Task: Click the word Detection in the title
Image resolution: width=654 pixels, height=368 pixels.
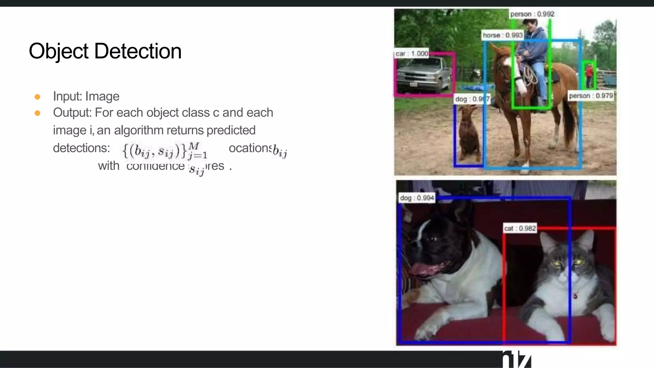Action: (x=138, y=51)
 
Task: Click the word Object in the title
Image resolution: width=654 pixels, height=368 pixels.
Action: (x=58, y=51)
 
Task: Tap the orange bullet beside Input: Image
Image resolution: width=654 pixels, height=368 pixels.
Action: (x=37, y=97)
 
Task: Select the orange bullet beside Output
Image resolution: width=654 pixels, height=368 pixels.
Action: (x=37, y=113)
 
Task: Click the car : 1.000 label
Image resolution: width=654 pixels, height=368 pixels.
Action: (x=412, y=54)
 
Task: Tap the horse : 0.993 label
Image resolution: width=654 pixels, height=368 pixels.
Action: (x=503, y=35)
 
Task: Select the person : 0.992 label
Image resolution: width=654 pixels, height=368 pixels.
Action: (x=532, y=14)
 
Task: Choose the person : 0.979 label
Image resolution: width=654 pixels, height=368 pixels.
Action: (x=591, y=96)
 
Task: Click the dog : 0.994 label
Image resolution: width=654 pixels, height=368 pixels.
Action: (x=417, y=198)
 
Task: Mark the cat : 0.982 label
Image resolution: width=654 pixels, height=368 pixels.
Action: (x=520, y=228)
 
